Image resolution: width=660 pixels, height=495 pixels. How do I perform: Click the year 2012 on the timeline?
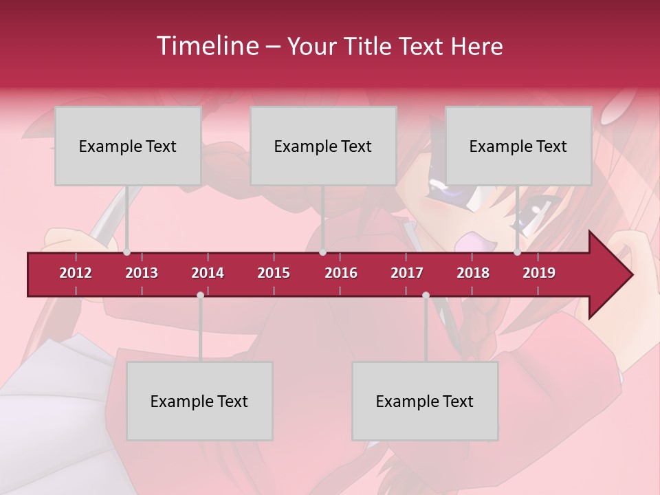76,273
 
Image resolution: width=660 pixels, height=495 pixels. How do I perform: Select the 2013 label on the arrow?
142,273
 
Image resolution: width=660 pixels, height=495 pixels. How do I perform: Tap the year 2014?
208,273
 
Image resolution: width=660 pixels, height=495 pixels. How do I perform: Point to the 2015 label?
274,273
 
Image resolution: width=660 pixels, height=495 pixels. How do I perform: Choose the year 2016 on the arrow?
341,273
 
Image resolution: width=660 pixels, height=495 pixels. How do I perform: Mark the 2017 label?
407,273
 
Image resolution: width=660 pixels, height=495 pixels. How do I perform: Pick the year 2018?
473,273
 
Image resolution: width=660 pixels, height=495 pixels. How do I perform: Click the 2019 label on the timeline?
539,273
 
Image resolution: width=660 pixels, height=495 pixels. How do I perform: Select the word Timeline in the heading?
207,46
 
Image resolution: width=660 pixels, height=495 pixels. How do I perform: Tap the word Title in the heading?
367,47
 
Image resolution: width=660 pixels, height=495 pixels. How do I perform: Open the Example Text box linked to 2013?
128,146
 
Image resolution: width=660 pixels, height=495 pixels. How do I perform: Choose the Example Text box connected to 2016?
323,146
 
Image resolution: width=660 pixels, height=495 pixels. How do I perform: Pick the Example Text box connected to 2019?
518,146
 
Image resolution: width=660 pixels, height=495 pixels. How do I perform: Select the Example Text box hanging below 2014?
199,401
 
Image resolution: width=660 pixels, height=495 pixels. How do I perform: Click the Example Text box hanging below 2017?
425,401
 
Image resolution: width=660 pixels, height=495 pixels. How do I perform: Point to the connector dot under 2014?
200,295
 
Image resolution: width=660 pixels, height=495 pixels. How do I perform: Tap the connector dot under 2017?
426,295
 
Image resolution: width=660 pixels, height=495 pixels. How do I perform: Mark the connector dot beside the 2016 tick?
322,252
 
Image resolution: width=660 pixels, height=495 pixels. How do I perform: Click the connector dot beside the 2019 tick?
517,252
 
